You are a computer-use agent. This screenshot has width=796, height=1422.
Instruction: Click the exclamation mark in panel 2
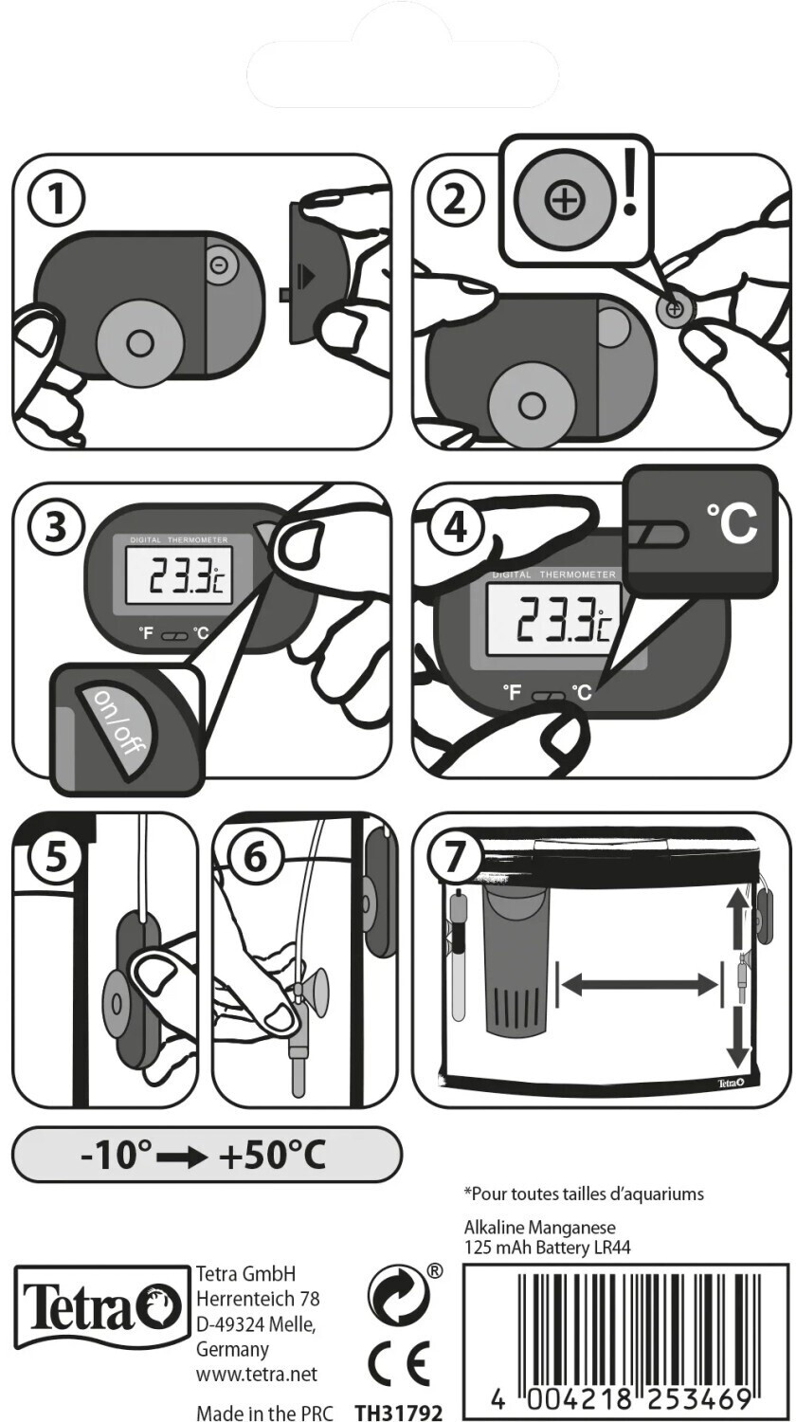(x=628, y=194)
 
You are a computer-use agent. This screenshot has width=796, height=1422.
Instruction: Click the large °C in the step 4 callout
(x=731, y=523)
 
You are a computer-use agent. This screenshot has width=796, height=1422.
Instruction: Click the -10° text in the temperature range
(x=117, y=1156)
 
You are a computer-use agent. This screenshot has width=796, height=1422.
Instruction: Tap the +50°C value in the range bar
(x=272, y=1156)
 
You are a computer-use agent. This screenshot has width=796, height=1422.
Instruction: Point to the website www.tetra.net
(x=256, y=1374)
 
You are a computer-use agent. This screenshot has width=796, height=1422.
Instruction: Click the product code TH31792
(x=398, y=1413)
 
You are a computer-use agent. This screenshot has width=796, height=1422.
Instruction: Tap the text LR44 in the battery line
(x=610, y=1248)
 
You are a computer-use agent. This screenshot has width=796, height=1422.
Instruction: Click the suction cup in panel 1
(x=139, y=342)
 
